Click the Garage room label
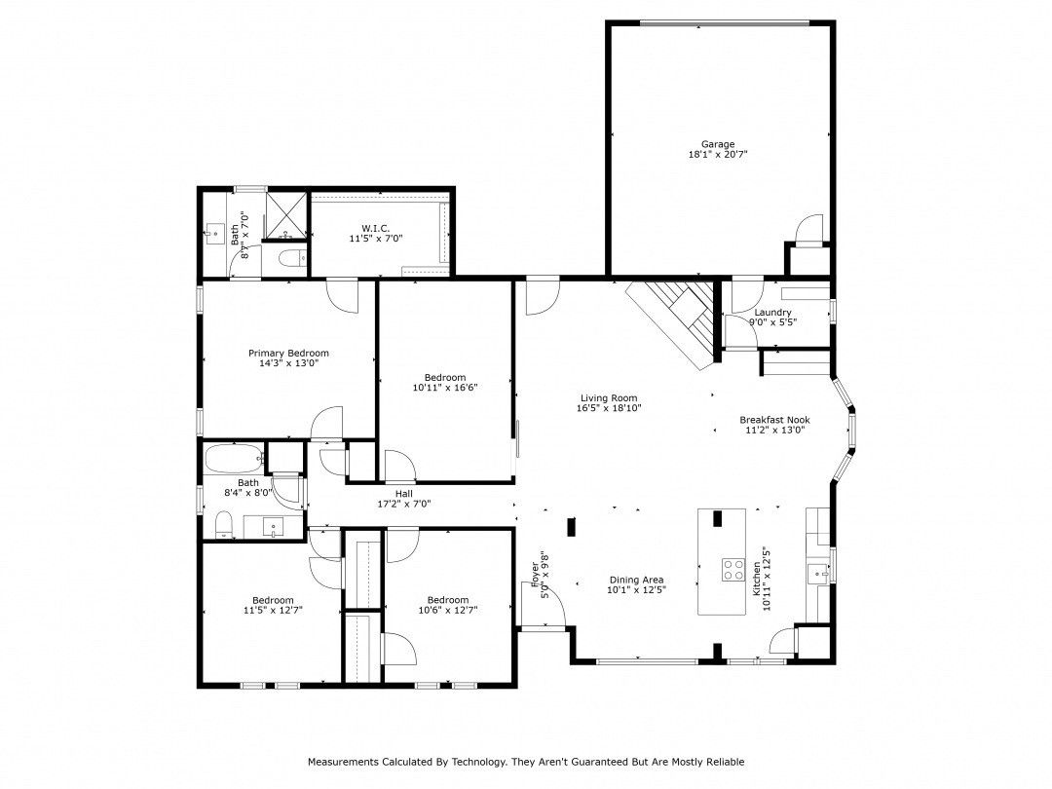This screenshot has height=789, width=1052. [x=718, y=144]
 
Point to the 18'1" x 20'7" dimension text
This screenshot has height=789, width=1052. [x=718, y=155]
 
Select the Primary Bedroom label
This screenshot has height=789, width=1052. [x=288, y=353]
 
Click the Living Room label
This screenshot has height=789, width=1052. [x=609, y=397]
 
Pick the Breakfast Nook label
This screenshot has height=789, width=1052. [x=774, y=420]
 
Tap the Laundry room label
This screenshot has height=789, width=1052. [x=772, y=313]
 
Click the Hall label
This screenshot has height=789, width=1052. [x=403, y=494]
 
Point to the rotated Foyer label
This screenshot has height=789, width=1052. [x=535, y=574]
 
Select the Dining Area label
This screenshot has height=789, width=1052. [x=636, y=579]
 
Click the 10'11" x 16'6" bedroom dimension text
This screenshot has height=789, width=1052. [x=445, y=388]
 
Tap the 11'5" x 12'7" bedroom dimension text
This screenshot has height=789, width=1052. [x=273, y=611]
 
